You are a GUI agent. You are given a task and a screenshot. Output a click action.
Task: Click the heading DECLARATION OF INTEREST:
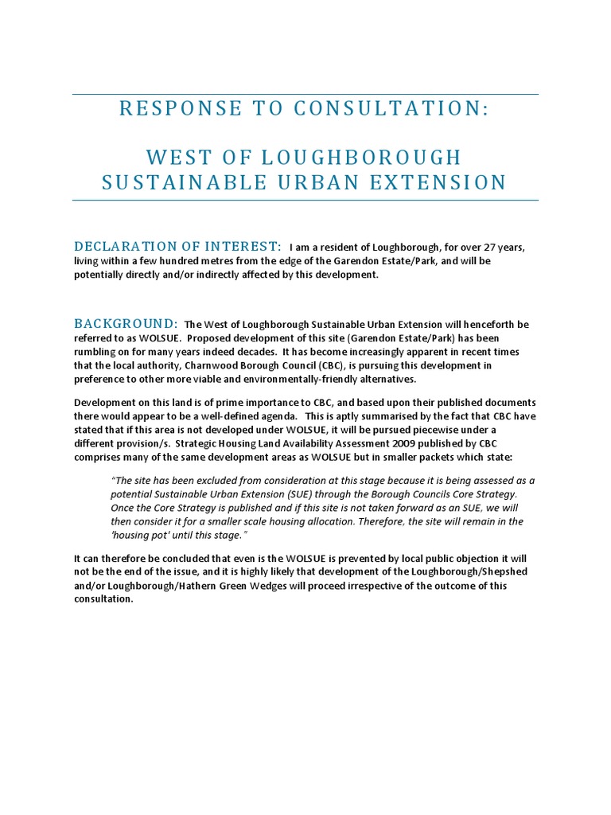click(x=177, y=246)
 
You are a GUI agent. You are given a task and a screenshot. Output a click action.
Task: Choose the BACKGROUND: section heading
click(x=126, y=323)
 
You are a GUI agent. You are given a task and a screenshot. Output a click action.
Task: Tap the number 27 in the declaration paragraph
click(x=478, y=248)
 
